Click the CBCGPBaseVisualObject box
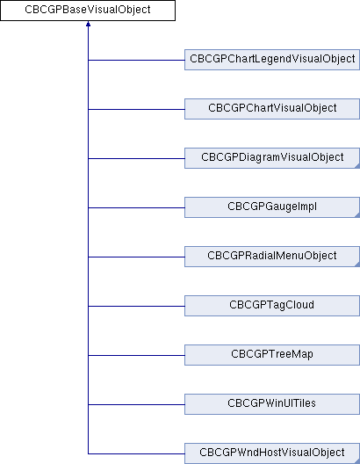(x=88, y=11)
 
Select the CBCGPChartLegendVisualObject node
(x=272, y=60)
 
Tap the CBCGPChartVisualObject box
(x=272, y=109)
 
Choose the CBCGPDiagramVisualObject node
(x=272, y=158)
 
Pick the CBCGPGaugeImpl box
(x=272, y=207)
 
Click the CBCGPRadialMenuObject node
(x=272, y=257)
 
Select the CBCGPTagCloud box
(x=272, y=306)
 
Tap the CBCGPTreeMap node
(x=272, y=355)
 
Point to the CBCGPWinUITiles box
(x=272, y=404)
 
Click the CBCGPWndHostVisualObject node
(x=272, y=453)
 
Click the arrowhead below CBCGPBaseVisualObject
(x=88, y=25)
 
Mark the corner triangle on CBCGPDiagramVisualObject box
(x=357, y=166)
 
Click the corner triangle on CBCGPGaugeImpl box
(x=357, y=215)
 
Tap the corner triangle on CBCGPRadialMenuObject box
(x=357, y=265)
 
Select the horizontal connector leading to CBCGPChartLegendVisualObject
(x=136, y=60)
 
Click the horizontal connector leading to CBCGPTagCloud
(x=136, y=306)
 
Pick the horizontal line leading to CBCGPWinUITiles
(x=136, y=404)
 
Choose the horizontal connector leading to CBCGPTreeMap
(x=136, y=355)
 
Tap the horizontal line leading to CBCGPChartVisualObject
(x=136, y=109)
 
